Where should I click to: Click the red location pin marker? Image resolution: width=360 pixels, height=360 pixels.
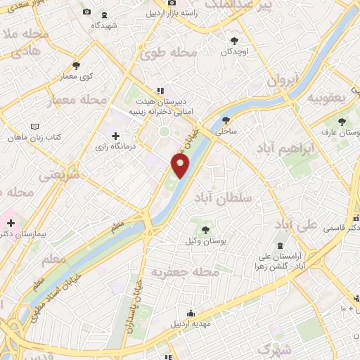[x=181, y=165]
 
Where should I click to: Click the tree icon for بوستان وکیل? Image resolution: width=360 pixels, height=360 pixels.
[x=205, y=229]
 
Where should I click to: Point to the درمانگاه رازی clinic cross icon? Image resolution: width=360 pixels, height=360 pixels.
[x=115, y=136]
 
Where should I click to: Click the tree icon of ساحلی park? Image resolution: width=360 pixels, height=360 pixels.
[x=226, y=120]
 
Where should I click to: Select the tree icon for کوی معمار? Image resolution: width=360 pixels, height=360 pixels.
[x=85, y=65]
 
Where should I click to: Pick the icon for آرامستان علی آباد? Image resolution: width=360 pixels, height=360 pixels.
[x=281, y=245]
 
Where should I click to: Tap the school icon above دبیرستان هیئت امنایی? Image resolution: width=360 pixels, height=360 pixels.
[x=160, y=91]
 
